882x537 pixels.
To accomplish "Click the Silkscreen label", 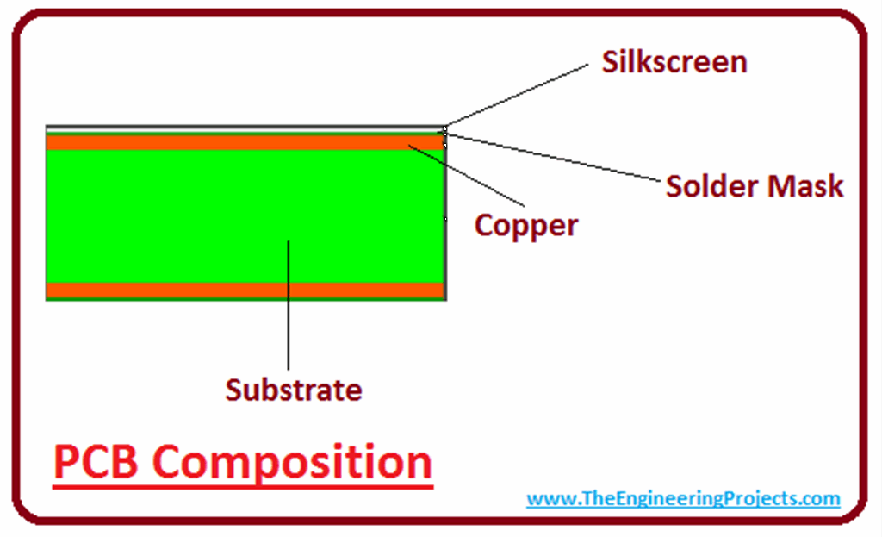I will coord(673,62).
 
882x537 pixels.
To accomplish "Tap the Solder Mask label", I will coord(755,186).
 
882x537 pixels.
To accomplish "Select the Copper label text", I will coord(526,226).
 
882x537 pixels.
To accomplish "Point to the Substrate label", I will coord(293,390).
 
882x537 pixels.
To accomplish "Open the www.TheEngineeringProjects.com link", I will coord(683,498).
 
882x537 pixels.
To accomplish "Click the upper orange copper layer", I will coord(245,141).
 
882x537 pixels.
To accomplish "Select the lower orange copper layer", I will coord(245,290).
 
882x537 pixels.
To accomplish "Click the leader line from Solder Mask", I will coord(551,157).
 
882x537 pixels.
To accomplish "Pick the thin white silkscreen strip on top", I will coord(245,128).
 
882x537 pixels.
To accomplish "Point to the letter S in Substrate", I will coord(233,390).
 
